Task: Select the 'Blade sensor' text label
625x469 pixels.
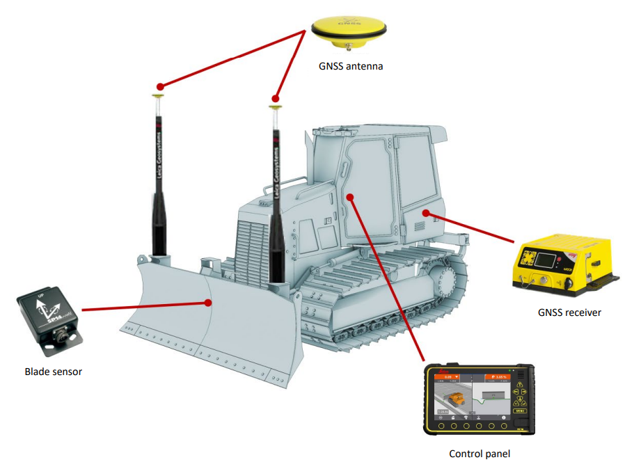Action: (x=53, y=372)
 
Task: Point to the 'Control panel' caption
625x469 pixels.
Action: (x=480, y=454)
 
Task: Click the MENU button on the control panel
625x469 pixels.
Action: (x=518, y=412)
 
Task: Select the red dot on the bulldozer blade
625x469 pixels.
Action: (x=208, y=302)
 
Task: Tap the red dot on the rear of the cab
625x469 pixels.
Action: (x=425, y=212)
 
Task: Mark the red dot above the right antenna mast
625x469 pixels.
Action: (x=276, y=99)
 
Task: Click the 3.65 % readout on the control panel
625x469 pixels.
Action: (x=497, y=376)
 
